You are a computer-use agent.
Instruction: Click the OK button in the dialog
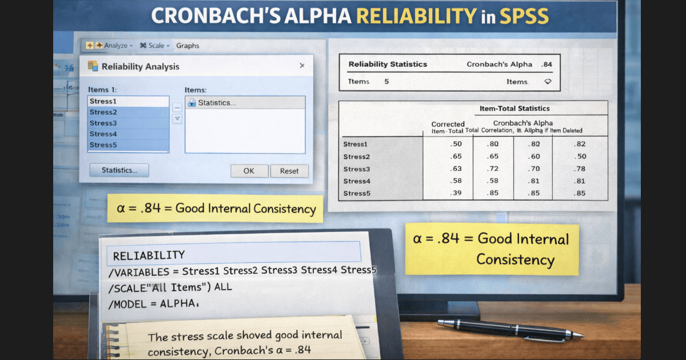(x=249, y=171)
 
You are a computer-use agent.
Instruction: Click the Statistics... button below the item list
(x=119, y=170)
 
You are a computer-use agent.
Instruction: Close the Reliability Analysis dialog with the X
(x=302, y=66)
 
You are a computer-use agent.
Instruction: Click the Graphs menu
(x=188, y=46)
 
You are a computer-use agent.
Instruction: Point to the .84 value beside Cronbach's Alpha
(x=547, y=65)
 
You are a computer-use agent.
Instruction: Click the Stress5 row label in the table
(x=357, y=193)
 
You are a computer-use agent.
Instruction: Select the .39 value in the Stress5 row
(x=456, y=193)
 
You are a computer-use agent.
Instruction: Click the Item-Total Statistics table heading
(x=514, y=109)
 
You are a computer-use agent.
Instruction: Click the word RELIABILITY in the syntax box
(x=149, y=255)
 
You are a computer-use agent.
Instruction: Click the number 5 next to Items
(x=386, y=82)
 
